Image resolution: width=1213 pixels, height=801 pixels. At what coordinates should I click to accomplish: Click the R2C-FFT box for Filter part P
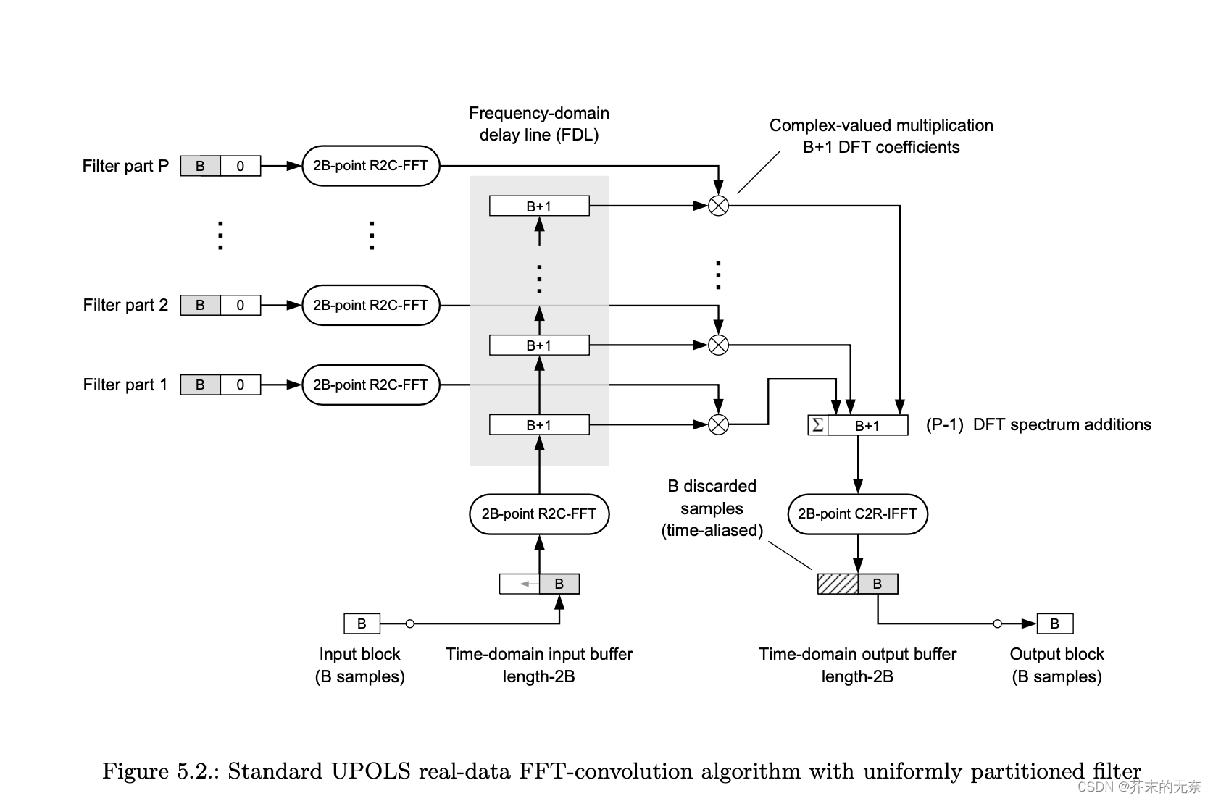click(370, 166)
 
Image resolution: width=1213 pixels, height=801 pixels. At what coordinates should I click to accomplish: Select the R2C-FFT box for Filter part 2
click(370, 305)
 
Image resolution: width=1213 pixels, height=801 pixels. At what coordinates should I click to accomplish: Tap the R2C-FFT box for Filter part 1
click(370, 385)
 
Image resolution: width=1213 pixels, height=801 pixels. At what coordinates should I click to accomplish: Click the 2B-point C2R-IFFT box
click(857, 514)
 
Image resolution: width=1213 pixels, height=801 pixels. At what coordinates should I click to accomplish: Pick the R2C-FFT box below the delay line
click(539, 514)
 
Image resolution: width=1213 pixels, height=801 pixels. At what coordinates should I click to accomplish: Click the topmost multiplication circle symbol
click(718, 206)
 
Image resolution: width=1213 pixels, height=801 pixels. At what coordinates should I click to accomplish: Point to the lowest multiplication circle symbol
click(718, 424)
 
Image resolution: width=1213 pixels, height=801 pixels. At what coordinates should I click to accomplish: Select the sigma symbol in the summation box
click(818, 425)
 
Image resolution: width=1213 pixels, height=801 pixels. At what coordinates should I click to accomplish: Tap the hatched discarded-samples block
click(838, 584)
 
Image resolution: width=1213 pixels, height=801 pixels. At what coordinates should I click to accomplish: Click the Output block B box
click(1055, 624)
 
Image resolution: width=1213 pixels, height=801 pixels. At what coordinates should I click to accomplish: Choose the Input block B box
click(362, 624)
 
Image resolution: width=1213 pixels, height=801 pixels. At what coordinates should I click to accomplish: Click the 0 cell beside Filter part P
click(241, 166)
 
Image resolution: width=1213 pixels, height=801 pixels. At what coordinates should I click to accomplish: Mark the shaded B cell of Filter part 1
click(200, 385)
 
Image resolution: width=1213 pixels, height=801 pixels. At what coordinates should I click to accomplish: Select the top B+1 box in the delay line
click(539, 206)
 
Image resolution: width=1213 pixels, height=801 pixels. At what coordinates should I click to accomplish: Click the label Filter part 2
click(125, 305)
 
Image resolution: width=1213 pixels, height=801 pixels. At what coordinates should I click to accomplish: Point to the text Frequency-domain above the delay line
click(539, 113)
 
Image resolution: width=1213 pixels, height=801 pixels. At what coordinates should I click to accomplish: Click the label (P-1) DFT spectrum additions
click(1038, 424)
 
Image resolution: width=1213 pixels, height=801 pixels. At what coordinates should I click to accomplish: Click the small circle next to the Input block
click(410, 624)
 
